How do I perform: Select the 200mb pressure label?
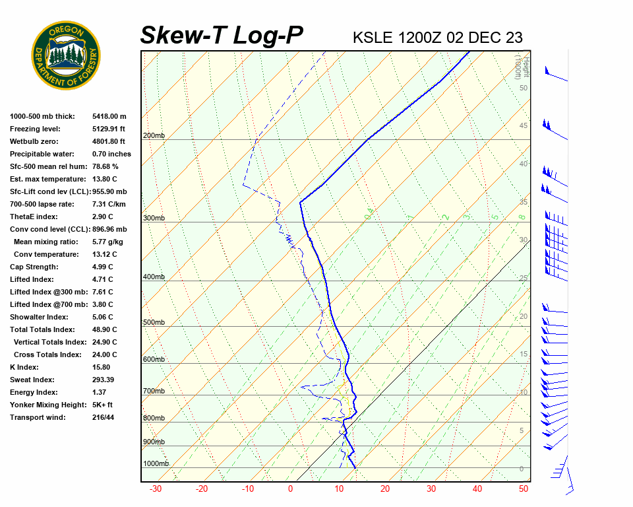[x=154, y=136]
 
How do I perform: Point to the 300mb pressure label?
[x=154, y=218]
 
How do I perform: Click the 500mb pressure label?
[x=154, y=322]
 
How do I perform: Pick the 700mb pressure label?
[x=154, y=391]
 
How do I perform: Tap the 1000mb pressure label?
[x=156, y=464]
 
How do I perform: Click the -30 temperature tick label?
[x=156, y=489]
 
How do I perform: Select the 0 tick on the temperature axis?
[x=290, y=489]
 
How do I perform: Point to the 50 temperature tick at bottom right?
[x=524, y=489]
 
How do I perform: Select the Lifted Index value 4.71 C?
[x=102, y=279]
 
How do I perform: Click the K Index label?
[x=24, y=367]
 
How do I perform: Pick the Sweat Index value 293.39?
[x=105, y=380]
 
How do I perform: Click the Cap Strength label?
[x=34, y=267]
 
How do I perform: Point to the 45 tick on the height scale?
[x=524, y=126]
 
